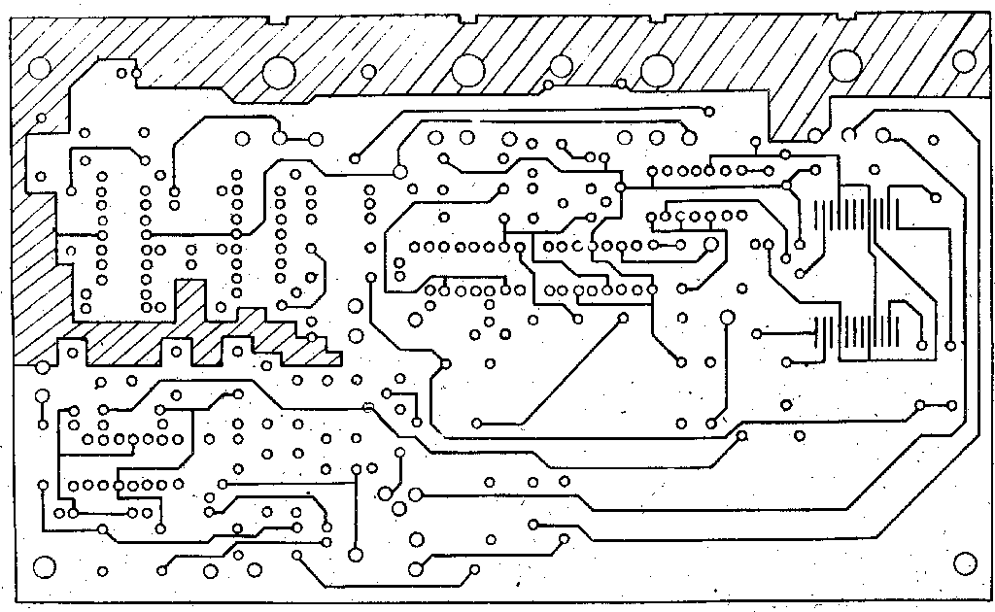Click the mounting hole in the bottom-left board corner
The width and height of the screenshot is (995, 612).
point(43,566)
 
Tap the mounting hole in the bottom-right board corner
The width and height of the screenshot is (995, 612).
point(965,562)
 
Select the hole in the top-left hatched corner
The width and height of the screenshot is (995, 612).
point(40,69)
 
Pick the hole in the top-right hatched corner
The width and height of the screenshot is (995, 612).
point(964,62)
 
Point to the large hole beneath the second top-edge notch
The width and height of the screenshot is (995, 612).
point(468,68)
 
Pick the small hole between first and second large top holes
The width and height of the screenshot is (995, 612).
point(368,71)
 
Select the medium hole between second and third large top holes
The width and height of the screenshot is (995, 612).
point(562,66)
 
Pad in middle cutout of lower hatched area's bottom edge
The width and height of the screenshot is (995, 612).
point(176,352)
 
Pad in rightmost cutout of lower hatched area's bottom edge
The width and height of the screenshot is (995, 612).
point(236,347)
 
